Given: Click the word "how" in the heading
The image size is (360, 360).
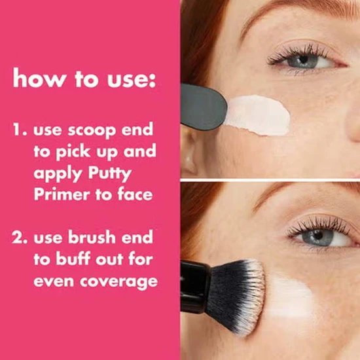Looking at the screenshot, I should [x=33, y=79].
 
